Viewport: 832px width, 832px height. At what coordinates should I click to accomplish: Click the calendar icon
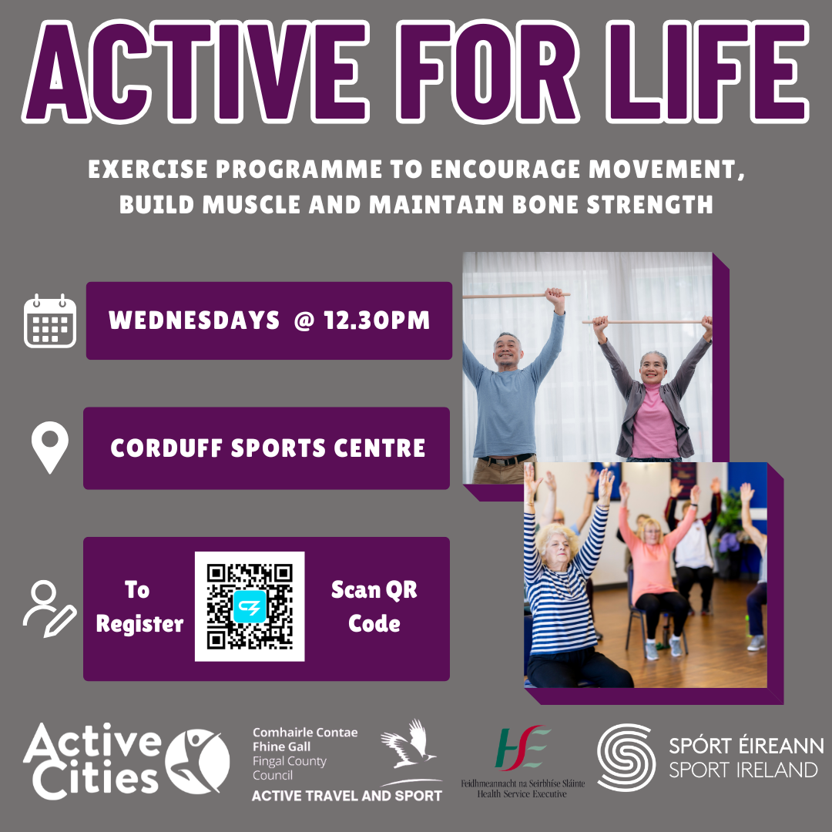(50, 321)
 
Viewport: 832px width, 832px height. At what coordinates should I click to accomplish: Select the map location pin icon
(50, 447)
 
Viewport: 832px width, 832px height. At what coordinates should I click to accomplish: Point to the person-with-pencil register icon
(49, 609)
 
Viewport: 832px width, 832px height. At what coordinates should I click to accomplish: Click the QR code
(250, 606)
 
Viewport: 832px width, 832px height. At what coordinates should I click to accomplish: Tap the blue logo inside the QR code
(250, 606)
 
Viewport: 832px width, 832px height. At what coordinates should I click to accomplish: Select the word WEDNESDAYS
(194, 320)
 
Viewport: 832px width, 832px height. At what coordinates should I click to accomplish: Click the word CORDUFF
(166, 448)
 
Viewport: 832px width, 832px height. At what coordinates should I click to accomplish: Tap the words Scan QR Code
(374, 606)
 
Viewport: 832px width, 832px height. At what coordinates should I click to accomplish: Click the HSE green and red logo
(522, 747)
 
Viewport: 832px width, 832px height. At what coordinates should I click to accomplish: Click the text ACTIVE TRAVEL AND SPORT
(347, 796)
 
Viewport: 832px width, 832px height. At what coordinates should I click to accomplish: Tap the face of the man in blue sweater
(507, 351)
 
